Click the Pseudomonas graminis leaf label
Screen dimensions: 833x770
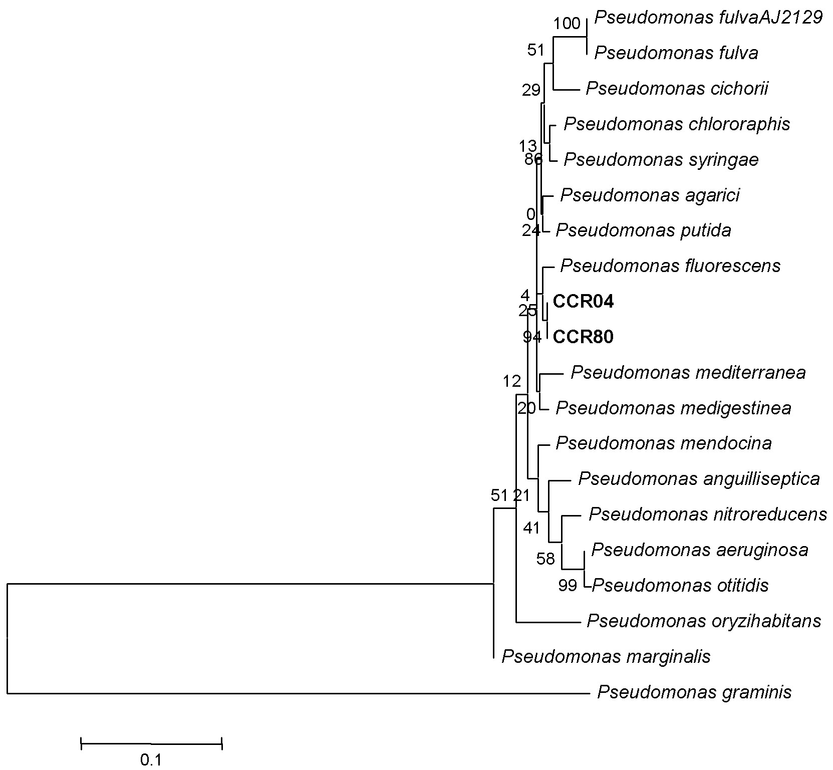(x=694, y=692)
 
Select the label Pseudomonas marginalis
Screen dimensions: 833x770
(x=606, y=656)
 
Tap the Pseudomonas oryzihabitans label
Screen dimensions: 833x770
(x=704, y=621)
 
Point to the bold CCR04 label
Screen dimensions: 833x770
(x=583, y=302)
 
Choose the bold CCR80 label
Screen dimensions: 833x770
(x=583, y=337)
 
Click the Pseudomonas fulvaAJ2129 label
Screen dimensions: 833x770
(x=708, y=18)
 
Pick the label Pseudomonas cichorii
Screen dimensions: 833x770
(x=677, y=89)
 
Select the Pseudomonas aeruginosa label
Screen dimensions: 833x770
(x=700, y=550)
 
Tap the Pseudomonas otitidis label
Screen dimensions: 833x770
(x=680, y=585)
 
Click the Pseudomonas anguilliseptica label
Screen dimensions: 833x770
(x=699, y=479)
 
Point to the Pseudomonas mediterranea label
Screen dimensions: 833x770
(x=688, y=372)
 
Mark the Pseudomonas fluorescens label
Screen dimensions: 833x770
(x=670, y=266)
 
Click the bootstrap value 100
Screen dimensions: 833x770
(x=568, y=23)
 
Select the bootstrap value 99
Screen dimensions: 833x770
(x=568, y=585)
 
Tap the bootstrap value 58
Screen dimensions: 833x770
(x=545, y=559)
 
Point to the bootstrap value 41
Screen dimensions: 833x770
(x=531, y=528)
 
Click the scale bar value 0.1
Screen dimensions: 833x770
(x=151, y=760)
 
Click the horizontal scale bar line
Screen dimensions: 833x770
(x=151, y=743)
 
